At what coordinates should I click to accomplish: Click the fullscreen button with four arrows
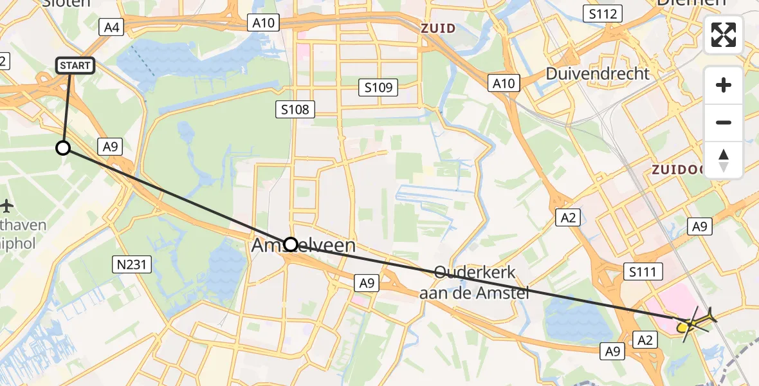[x=724, y=35]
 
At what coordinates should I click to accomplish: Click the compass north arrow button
[x=724, y=160]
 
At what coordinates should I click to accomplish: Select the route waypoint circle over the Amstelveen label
[x=291, y=244]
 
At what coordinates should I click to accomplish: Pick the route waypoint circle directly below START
[x=63, y=148]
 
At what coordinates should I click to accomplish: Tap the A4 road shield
[x=113, y=26]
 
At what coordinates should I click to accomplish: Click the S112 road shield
[x=603, y=13]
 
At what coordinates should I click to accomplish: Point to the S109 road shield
[x=378, y=87]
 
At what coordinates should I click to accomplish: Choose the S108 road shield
[x=295, y=109]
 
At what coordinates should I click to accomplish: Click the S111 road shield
[x=643, y=272]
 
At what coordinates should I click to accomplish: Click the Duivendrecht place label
[x=598, y=73]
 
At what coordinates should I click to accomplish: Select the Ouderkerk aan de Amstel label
[x=475, y=282]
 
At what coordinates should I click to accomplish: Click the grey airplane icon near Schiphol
[x=7, y=207]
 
